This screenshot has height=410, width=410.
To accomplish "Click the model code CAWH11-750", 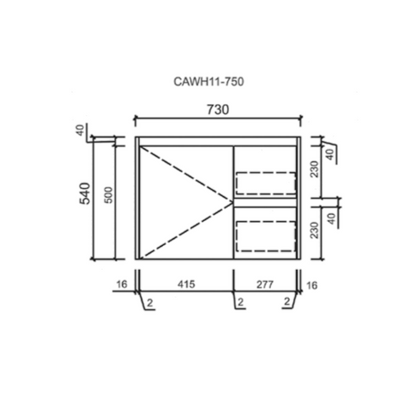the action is point(209,81).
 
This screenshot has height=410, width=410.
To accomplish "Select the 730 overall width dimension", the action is point(217,110).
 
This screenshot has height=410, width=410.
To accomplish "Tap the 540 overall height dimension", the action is point(86,193).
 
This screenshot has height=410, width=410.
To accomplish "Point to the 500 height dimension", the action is point(110,195).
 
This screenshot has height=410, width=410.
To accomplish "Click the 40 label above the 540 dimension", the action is point(80,130).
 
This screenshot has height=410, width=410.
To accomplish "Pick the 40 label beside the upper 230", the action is point(330,154).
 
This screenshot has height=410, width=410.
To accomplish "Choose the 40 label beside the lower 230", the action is point(332,219).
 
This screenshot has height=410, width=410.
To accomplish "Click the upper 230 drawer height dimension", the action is point(315,169).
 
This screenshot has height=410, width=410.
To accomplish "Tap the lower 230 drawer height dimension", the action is point(315,230).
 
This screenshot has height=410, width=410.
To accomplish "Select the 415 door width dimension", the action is point(186,284).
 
